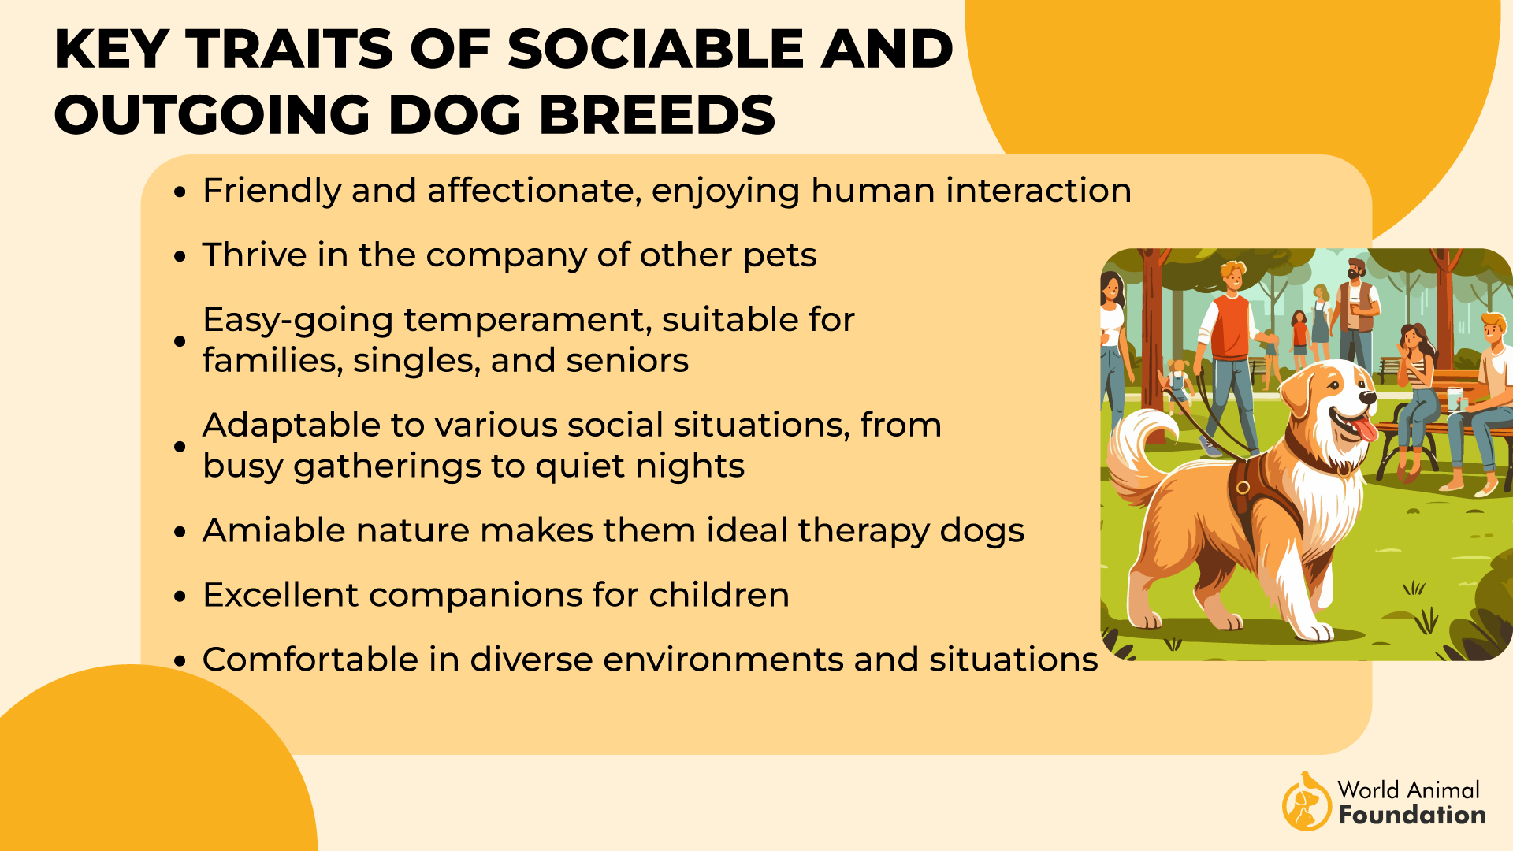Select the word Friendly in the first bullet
pyautogui.click(x=270, y=191)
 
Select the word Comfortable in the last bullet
pyautogui.click(x=310, y=660)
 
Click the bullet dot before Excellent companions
pyautogui.click(x=180, y=596)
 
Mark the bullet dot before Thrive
pyautogui.click(x=180, y=257)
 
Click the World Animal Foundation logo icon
pyautogui.click(x=1306, y=802)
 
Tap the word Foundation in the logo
pyautogui.click(x=1411, y=815)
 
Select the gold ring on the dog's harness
pyautogui.click(x=1243, y=487)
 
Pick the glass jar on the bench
pyautogui.click(x=1453, y=398)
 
